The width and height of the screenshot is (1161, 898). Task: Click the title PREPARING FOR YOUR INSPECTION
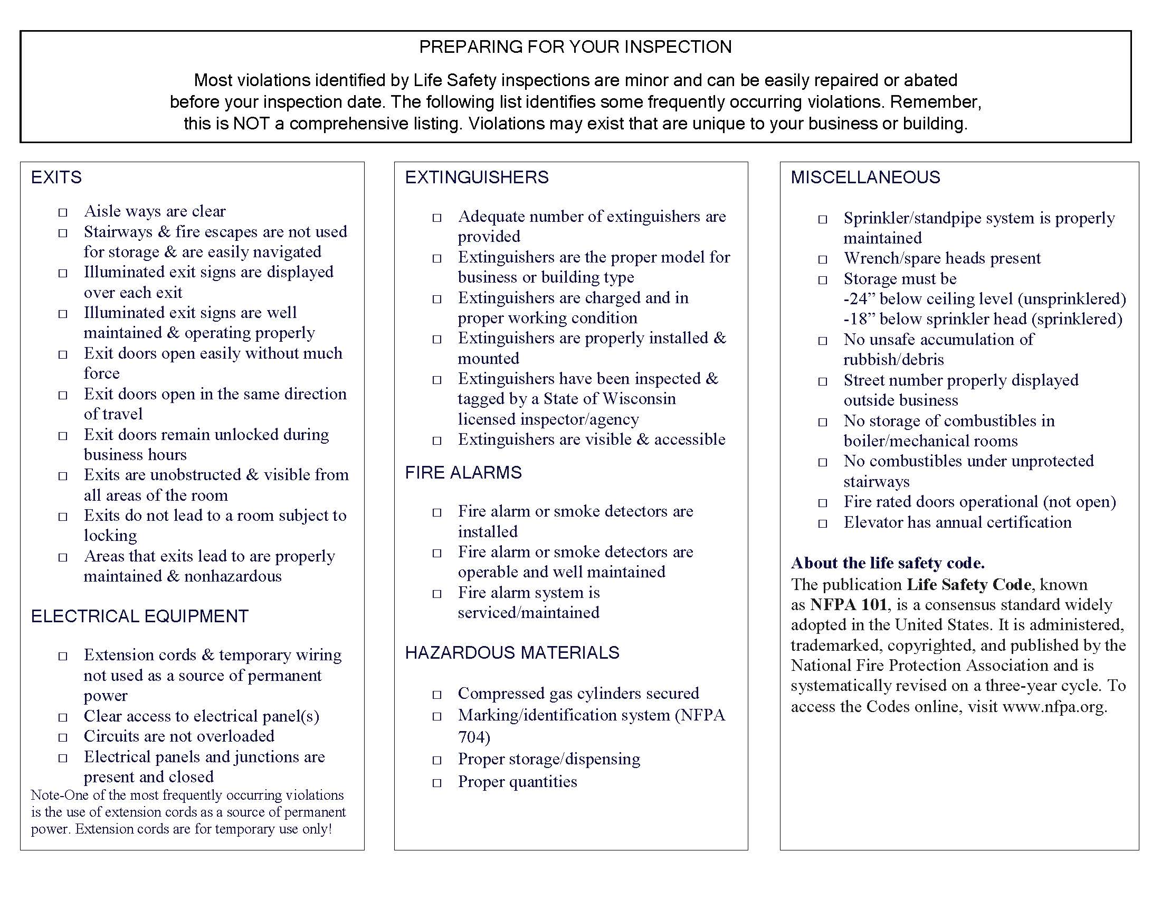click(575, 47)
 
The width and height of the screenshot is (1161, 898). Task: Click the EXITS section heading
click(56, 177)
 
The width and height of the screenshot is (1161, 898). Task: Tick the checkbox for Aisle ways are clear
click(63, 212)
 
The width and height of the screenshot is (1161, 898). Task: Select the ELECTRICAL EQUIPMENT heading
click(140, 616)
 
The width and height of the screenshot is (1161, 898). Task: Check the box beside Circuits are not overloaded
click(63, 737)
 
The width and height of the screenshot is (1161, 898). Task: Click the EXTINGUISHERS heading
click(477, 177)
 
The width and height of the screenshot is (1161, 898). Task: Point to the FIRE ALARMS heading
click(463, 472)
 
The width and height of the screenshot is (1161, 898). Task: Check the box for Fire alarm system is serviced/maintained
click(437, 594)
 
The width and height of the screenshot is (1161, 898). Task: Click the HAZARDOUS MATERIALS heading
click(512, 652)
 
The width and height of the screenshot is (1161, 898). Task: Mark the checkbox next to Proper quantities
click(437, 782)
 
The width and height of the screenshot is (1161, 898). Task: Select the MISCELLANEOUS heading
click(865, 177)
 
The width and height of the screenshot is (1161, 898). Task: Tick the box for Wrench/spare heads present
click(822, 259)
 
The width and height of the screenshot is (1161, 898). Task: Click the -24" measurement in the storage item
click(859, 299)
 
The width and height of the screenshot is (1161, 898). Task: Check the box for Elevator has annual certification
click(822, 523)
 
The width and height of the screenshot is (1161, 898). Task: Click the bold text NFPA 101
click(849, 605)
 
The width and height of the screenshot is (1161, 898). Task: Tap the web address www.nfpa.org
click(1054, 706)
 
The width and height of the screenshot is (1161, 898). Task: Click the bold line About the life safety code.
click(887, 563)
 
